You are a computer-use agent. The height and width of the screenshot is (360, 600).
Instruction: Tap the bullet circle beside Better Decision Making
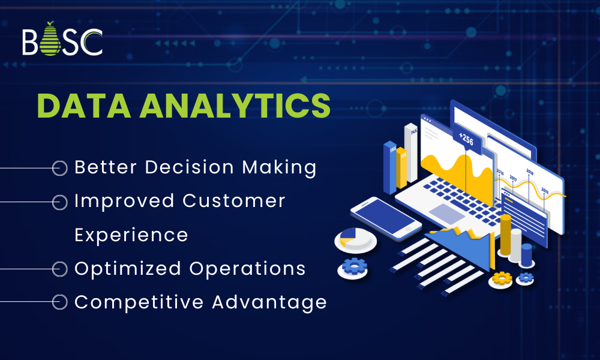coord(59,168)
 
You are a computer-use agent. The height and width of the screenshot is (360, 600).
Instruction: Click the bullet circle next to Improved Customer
coord(59,202)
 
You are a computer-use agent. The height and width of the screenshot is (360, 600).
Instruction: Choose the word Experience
coord(131,235)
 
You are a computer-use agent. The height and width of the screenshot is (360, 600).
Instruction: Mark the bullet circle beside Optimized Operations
coord(59,269)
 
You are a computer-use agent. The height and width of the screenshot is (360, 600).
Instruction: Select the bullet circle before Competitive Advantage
coord(59,302)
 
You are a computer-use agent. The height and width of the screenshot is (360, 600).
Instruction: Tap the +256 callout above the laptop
coord(466,139)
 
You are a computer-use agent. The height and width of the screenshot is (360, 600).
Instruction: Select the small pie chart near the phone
coord(355,239)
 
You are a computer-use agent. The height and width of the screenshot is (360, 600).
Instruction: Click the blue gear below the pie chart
coord(353,265)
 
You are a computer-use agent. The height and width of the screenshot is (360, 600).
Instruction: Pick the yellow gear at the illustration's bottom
coord(501,278)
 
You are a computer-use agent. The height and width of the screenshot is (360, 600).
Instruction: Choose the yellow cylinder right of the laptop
coord(505,235)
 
